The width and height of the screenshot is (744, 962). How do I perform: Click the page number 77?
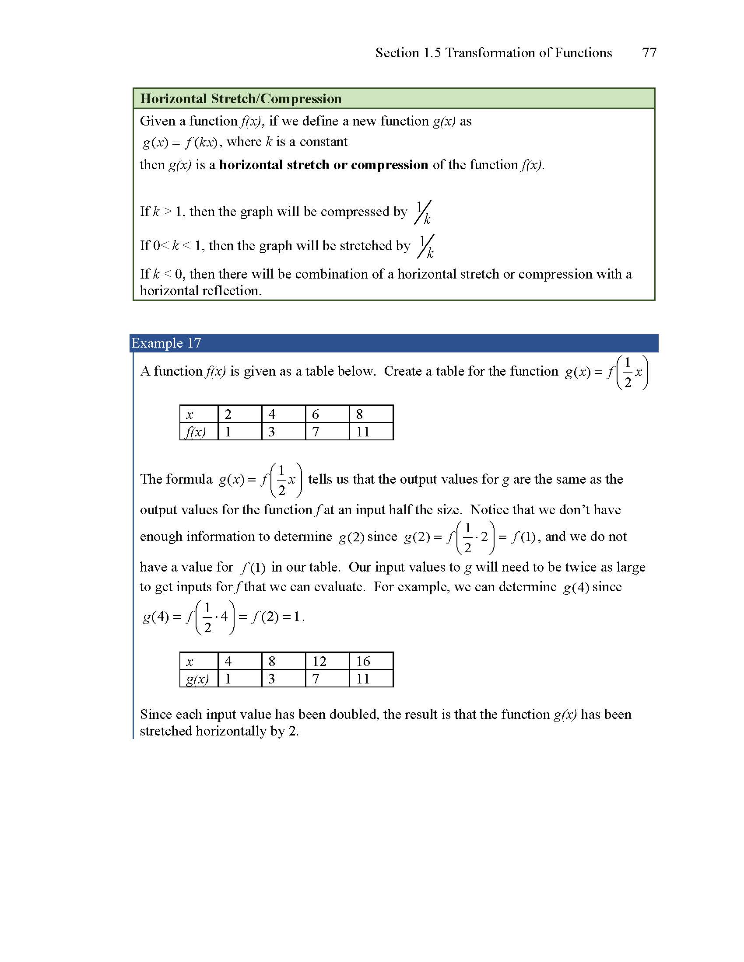click(649, 53)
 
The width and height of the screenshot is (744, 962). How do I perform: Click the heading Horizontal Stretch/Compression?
click(241, 99)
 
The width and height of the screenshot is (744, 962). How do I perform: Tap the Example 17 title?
click(166, 343)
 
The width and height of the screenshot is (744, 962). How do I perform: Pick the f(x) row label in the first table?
click(195, 432)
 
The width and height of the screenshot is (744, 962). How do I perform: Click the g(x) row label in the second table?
click(197, 679)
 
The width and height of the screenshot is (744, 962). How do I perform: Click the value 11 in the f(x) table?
click(363, 432)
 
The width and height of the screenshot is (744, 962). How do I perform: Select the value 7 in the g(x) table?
click(316, 679)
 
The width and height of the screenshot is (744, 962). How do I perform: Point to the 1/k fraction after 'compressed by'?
click(423, 213)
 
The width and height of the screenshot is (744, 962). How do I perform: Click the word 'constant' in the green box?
click(323, 142)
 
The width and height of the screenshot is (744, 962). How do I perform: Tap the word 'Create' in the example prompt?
click(402, 371)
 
